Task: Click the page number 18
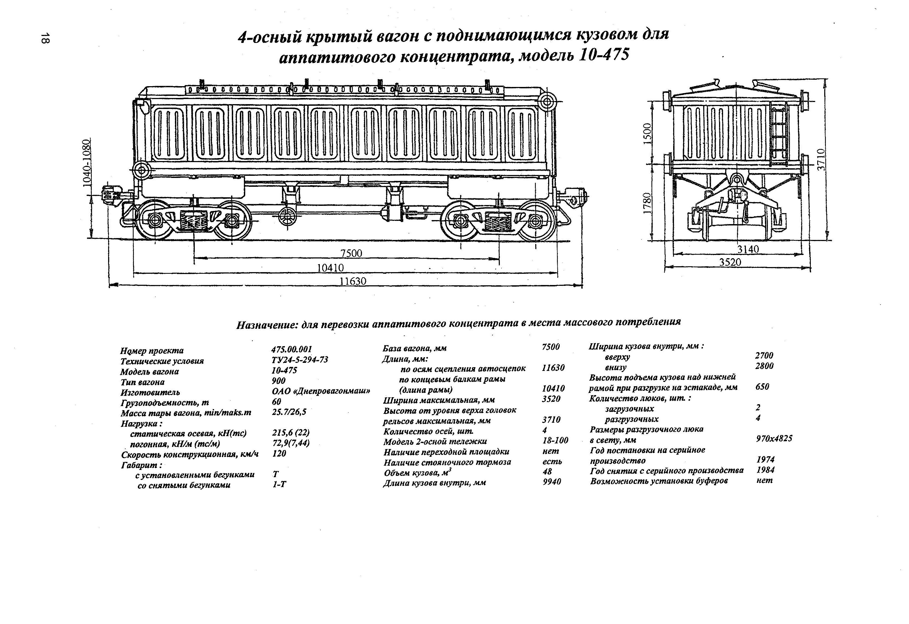coord(45,38)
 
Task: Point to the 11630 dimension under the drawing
coord(353,281)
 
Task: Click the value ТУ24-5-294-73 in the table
coord(300,360)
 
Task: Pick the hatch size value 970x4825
coord(774,438)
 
